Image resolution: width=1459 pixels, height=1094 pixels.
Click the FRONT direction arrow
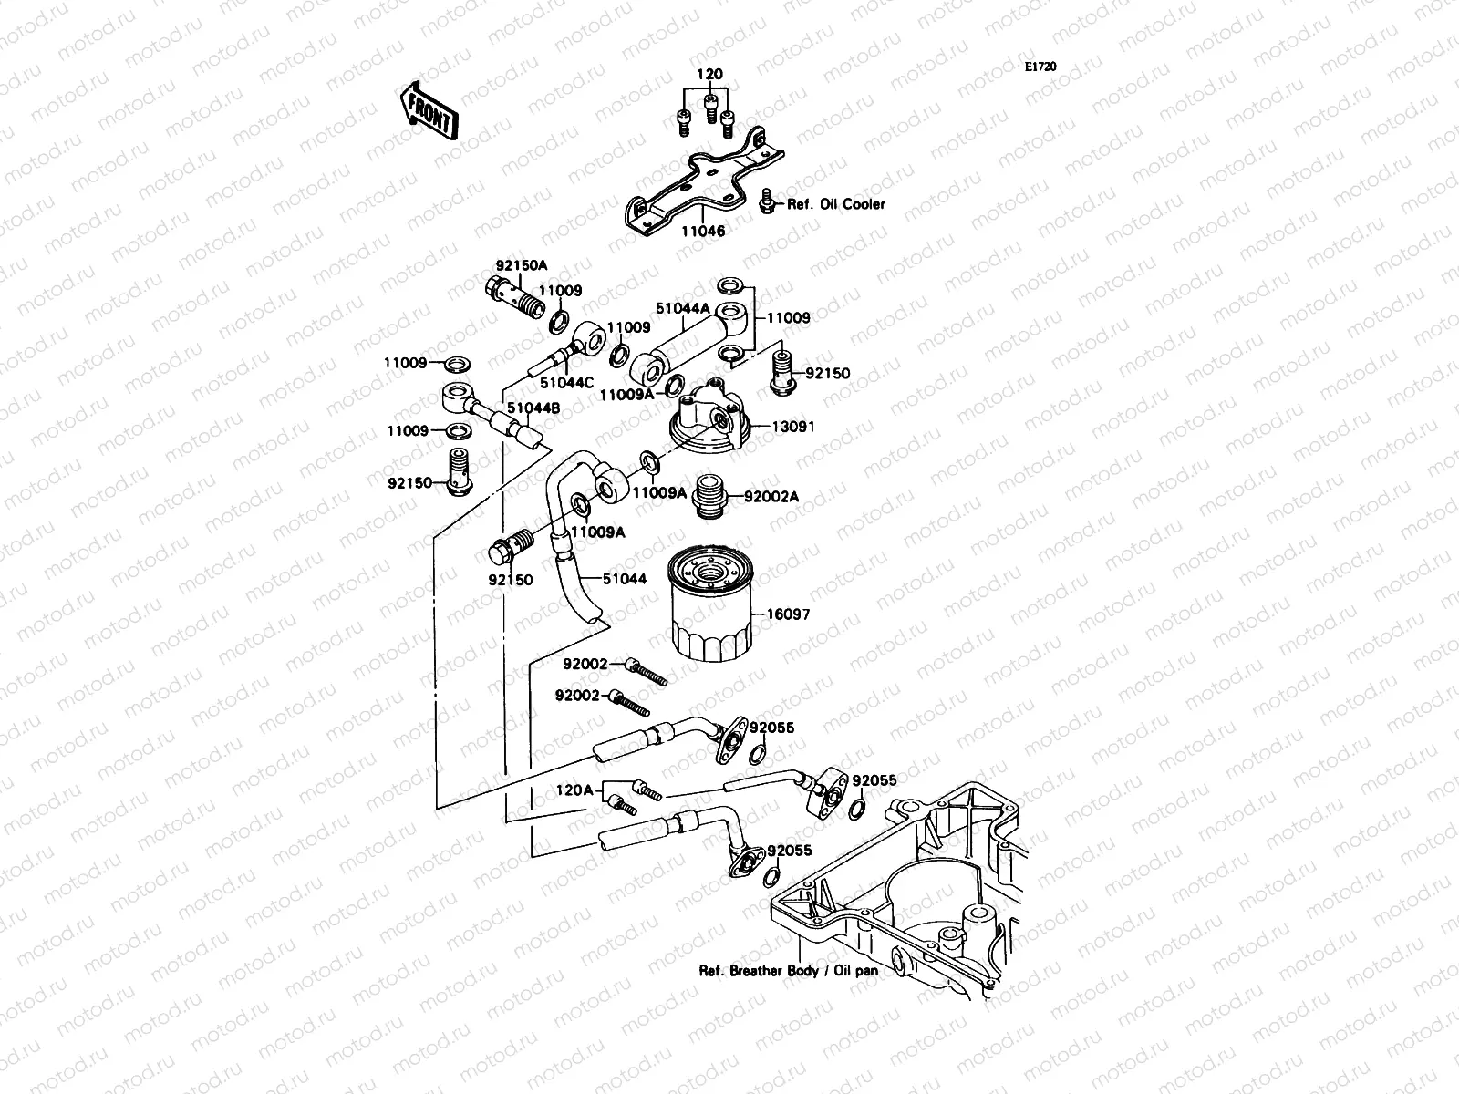pos(427,110)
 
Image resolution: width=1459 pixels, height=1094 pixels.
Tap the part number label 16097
pos(788,615)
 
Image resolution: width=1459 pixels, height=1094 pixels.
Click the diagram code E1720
pos(1040,42)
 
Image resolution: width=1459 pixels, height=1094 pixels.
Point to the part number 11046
pos(702,232)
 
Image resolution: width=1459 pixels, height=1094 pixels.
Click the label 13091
pos(793,427)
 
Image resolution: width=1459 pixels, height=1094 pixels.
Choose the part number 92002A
pos(771,497)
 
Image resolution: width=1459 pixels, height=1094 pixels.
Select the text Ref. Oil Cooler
pos(836,204)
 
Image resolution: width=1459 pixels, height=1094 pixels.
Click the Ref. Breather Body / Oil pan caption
pos(788,971)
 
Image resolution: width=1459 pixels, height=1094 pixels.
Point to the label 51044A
pos(682,309)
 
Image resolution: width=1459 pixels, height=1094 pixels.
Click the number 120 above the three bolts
pos(709,74)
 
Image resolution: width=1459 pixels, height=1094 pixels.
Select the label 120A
pos(576,790)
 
